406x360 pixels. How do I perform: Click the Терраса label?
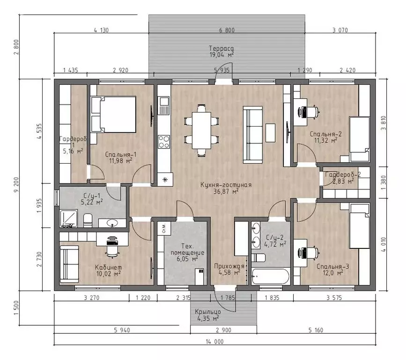click(x=221, y=48)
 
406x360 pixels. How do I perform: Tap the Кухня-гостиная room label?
click(x=226, y=185)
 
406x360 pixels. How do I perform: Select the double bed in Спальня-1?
click(x=114, y=114)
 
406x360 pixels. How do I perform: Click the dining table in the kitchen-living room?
click(x=201, y=130)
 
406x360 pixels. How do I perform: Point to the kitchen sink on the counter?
click(x=163, y=105)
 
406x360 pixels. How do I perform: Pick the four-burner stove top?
click(x=163, y=142)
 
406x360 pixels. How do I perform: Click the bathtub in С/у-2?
click(x=270, y=277)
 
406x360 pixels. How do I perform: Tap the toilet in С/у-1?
click(x=88, y=220)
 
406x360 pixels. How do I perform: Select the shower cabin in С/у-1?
click(x=69, y=218)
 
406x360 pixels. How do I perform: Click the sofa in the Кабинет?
click(x=69, y=264)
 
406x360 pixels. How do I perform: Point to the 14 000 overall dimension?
click(x=214, y=342)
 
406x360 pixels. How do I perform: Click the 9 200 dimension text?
click(x=16, y=185)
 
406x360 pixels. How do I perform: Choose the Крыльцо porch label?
click(x=207, y=312)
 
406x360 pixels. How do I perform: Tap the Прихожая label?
click(x=229, y=266)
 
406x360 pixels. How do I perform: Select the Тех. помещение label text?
click(x=187, y=249)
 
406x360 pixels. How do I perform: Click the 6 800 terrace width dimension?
click(x=227, y=30)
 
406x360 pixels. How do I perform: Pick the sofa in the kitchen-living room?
click(x=253, y=135)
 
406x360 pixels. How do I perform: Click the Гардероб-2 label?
click(x=343, y=174)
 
